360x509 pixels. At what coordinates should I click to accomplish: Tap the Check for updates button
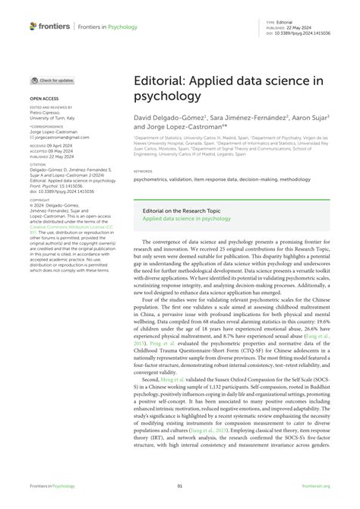coord(53,80)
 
